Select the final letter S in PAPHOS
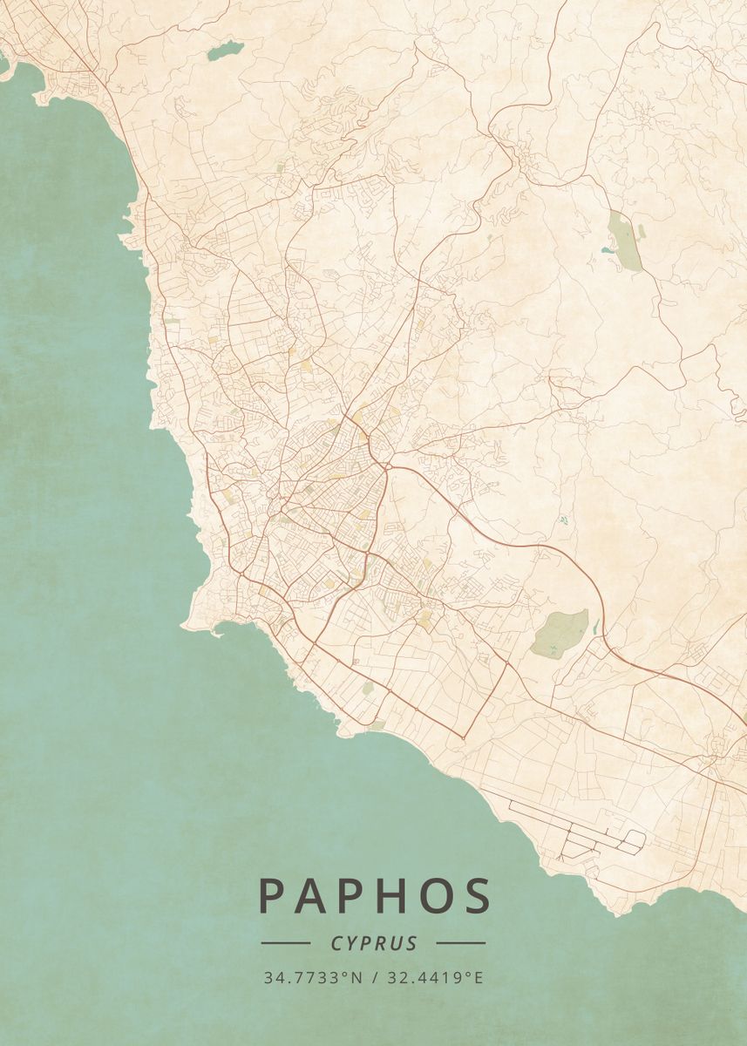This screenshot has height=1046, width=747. point(477,896)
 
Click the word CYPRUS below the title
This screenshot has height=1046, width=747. point(373,943)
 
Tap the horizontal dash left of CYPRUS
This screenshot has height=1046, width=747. point(285,943)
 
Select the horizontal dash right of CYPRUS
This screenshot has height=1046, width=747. point(460,943)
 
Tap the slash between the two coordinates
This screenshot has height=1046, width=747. point(373,978)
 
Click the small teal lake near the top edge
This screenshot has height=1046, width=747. point(223,51)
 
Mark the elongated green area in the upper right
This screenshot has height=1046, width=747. point(624,239)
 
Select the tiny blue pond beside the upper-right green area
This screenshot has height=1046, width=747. point(606,250)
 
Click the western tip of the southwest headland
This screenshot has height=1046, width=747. point(184,624)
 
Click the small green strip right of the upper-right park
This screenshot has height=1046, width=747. point(642,231)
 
